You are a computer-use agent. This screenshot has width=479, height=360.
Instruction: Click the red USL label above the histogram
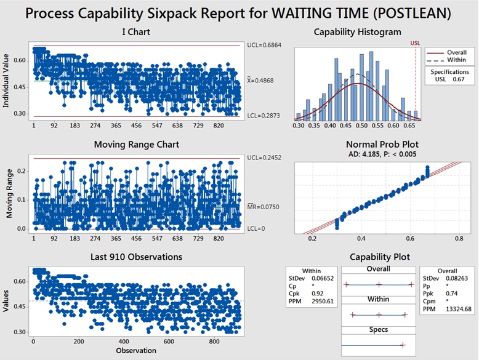(x=416, y=43)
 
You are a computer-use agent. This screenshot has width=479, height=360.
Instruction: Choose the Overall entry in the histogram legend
(x=455, y=52)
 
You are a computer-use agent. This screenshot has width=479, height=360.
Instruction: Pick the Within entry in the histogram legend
(x=454, y=60)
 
